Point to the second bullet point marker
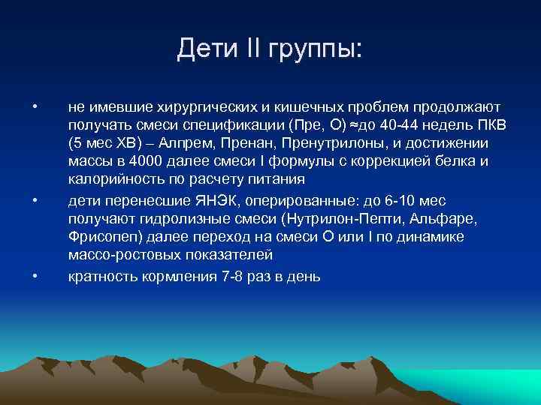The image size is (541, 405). click(x=35, y=199)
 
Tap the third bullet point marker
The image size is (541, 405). click(x=35, y=276)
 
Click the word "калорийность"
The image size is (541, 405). click(x=110, y=181)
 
